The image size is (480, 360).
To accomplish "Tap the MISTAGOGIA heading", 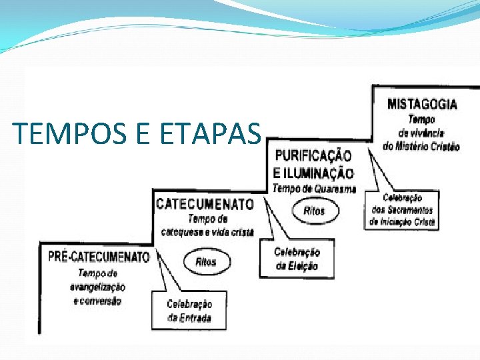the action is (x=422, y=104).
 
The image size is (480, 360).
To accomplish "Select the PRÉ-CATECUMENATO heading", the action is (x=99, y=257).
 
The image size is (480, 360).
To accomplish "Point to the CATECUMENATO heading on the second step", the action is (x=205, y=204).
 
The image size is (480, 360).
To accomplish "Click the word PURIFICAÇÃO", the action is (x=313, y=156).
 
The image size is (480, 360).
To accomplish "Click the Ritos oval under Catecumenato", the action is (x=206, y=262).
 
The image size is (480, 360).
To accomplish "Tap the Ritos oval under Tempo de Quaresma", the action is (x=315, y=211).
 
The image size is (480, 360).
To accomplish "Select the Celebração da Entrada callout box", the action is (x=189, y=311).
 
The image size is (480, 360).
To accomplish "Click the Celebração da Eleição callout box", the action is (x=297, y=259).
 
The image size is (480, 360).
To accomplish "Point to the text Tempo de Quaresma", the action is (x=314, y=189).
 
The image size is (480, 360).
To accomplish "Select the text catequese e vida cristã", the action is (x=207, y=231).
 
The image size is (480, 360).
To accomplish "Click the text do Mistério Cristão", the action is (x=421, y=147).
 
